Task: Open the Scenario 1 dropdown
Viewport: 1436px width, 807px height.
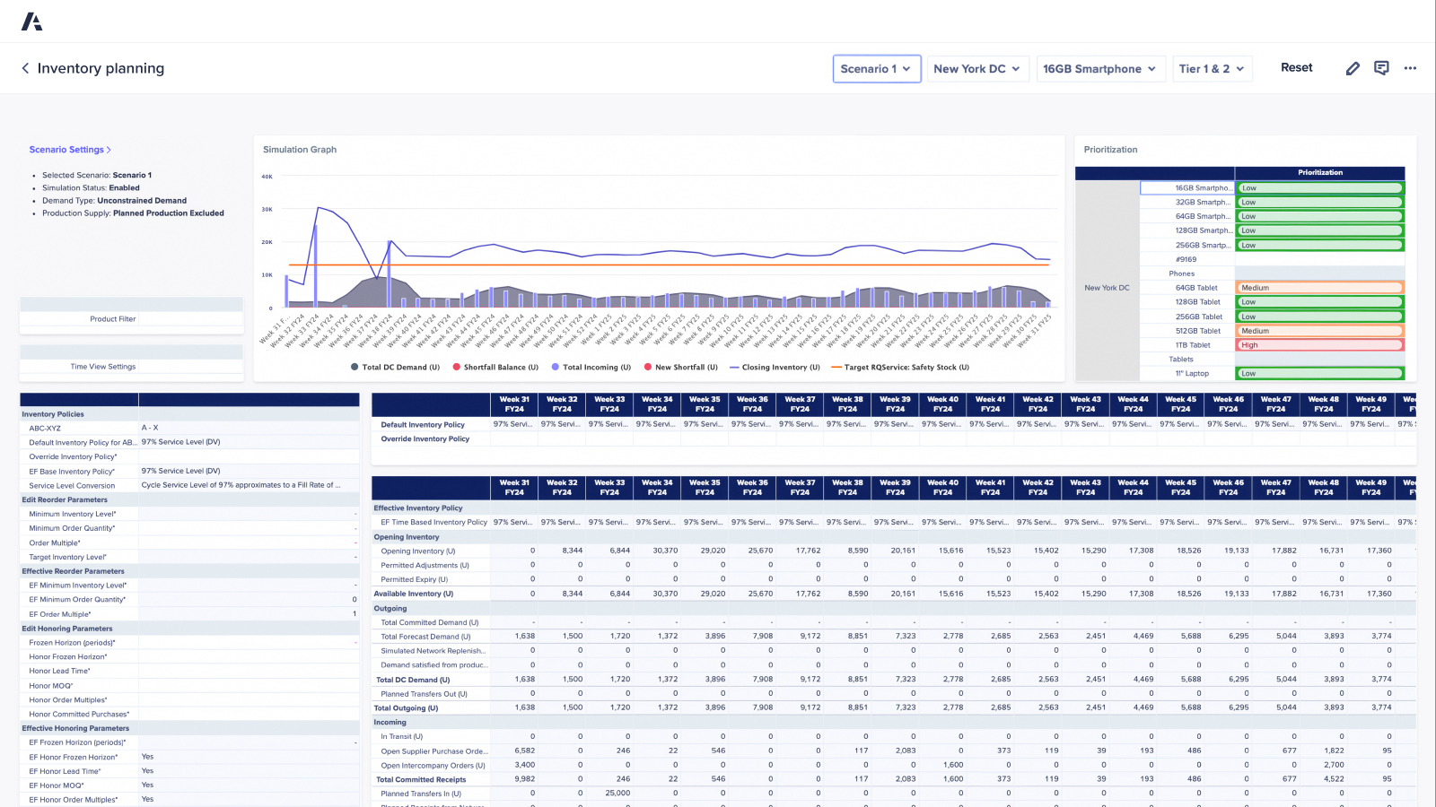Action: point(876,69)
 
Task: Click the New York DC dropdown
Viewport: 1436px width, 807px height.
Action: point(976,69)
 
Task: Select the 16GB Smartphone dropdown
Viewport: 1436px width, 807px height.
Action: point(1099,69)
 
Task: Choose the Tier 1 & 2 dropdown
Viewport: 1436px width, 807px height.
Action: point(1211,69)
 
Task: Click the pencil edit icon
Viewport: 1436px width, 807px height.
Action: point(1353,68)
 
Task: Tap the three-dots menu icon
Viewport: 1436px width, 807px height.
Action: point(1410,68)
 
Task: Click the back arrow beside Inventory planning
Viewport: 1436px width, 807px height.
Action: point(25,68)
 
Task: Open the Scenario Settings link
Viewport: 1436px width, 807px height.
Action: point(70,150)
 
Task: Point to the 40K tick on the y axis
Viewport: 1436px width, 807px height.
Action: point(267,177)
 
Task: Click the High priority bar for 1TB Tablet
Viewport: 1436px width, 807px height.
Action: point(1319,345)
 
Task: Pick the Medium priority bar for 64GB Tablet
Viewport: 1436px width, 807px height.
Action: point(1319,288)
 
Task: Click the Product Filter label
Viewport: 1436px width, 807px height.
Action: point(112,319)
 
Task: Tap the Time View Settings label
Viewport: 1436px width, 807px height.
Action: point(103,367)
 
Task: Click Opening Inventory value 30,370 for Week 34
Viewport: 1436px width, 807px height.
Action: point(665,551)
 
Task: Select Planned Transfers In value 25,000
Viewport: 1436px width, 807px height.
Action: point(617,794)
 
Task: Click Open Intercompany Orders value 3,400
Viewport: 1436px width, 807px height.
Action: point(525,765)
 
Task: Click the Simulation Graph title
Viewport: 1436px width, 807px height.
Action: point(300,150)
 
